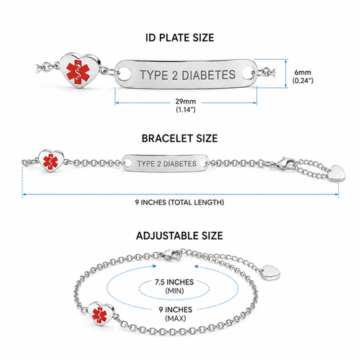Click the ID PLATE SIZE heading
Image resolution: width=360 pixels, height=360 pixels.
tap(180, 38)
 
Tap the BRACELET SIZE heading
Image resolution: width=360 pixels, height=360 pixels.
tap(180, 138)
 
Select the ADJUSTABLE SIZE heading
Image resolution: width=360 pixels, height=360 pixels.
tap(179, 235)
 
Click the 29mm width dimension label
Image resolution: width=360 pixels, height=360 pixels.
tap(186, 105)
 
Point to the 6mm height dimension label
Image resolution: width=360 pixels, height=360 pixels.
tap(302, 76)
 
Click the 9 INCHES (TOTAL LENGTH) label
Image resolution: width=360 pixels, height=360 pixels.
tap(179, 202)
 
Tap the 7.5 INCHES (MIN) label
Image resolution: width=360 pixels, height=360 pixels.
tap(174, 287)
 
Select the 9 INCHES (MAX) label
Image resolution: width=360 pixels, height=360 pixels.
tap(176, 314)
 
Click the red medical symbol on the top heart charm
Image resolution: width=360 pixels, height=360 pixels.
tap(78, 71)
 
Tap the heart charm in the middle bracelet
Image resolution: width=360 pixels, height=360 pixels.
tap(51, 161)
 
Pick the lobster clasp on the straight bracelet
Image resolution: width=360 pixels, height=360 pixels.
tap(286, 163)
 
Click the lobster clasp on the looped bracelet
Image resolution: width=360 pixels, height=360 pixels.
tap(170, 254)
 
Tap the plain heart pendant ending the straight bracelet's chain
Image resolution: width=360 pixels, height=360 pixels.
tap(336, 173)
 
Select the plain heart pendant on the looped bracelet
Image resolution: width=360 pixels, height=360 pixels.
tap(271, 272)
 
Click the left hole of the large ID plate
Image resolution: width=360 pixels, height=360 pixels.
tap(125, 74)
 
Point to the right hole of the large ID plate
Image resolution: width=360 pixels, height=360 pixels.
tap(248, 73)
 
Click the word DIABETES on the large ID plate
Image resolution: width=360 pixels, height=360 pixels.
tap(208, 75)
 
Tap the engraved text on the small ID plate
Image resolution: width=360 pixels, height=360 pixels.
tap(167, 163)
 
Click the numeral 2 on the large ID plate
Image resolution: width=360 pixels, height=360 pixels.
tap(175, 76)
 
